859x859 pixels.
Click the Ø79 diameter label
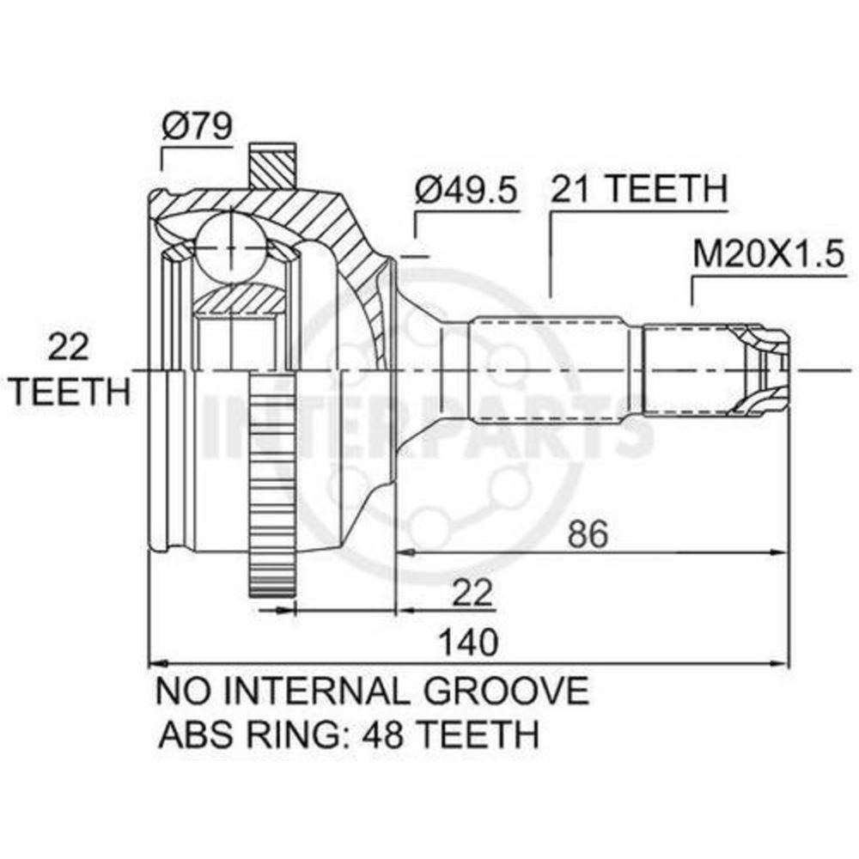point(198,126)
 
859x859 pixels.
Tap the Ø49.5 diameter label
point(466,191)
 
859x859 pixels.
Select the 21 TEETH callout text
point(639,189)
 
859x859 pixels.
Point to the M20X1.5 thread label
point(769,254)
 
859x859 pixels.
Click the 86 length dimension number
point(588,534)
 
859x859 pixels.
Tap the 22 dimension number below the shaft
point(472,593)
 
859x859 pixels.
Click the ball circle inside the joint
point(232,247)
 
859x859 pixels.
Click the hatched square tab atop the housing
point(273,167)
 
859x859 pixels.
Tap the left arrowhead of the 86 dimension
point(406,552)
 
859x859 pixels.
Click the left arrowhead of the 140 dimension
point(159,663)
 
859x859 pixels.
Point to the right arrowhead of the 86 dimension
point(780,552)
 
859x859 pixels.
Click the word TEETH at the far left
point(72,391)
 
